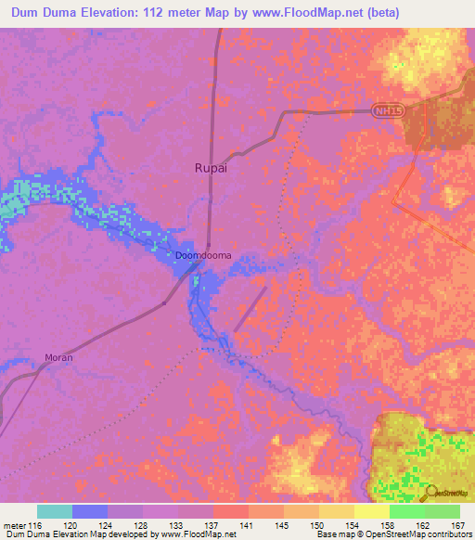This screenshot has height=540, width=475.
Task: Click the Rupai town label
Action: pyautogui.click(x=210, y=168)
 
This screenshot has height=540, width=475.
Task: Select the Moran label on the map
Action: pyautogui.click(x=58, y=356)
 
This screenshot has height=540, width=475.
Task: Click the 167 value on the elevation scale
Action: pyautogui.click(x=458, y=526)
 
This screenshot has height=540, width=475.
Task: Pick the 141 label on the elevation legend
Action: pyautogui.click(x=248, y=526)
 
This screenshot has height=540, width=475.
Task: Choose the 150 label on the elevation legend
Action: pyautogui.click(x=318, y=526)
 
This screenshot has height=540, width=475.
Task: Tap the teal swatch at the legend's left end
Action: pyautogui.click(x=54, y=511)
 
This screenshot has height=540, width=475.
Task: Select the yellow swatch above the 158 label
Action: pyautogui.click(x=371, y=511)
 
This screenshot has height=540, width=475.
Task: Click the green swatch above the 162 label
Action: pyautogui.click(x=406, y=511)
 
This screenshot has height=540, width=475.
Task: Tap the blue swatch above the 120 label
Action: pyautogui.click(x=89, y=511)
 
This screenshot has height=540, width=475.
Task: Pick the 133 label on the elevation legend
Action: pyautogui.click(x=177, y=526)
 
